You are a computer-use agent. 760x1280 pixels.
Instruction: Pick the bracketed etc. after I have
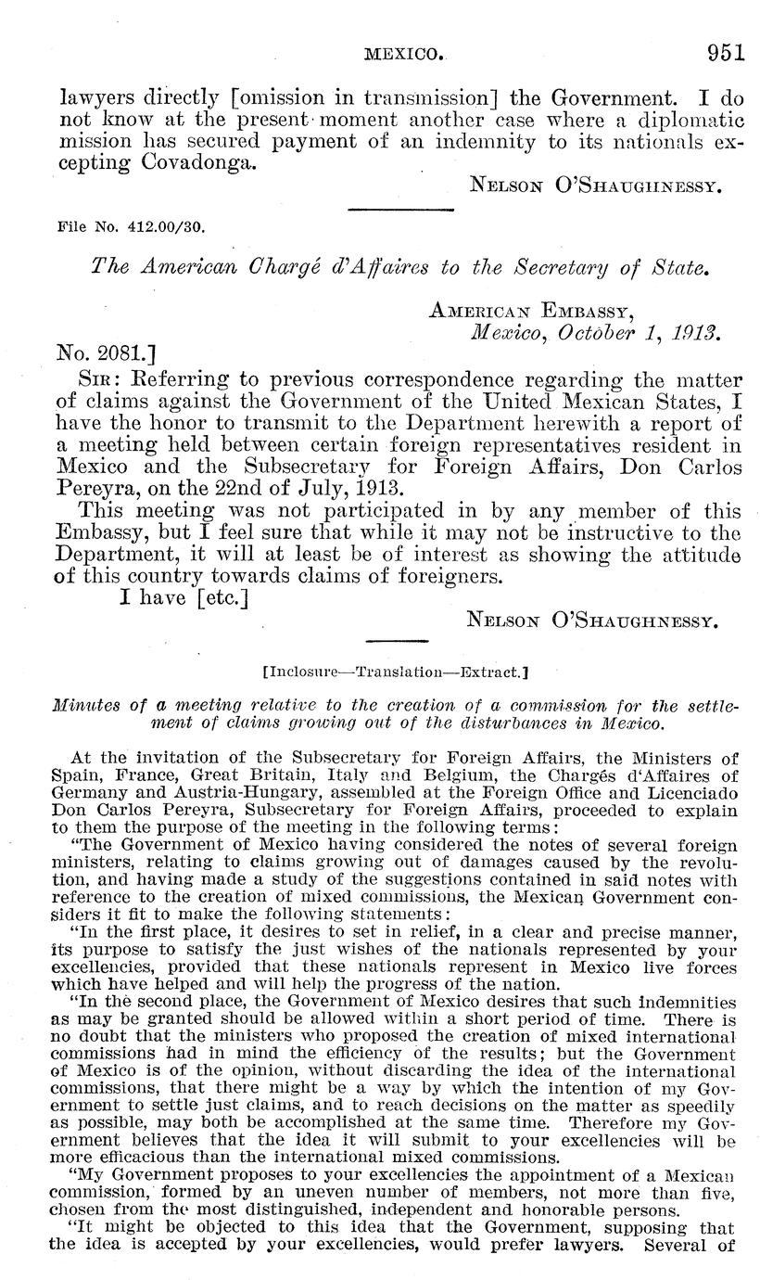point(219,597)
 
